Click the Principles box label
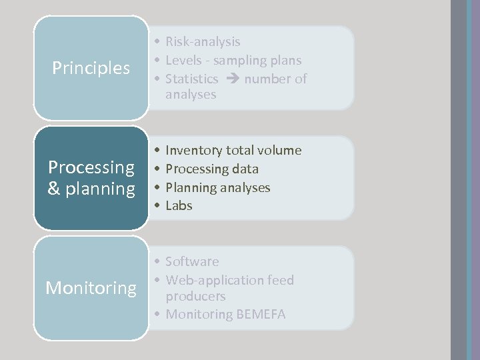click(x=91, y=68)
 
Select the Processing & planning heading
click(x=91, y=178)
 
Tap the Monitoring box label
click(x=91, y=288)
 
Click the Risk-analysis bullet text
click(x=203, y=42)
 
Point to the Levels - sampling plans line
click(x=233, y=60)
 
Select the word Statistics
click(x=191, y=79)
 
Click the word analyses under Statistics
click(x=191, y=95)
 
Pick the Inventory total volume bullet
click(x=233, y=151)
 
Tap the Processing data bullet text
click(x=212, y=169)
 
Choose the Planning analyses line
click(x=218, y=188)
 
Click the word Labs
click(x=179, y=206)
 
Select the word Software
click(x=192, y=261)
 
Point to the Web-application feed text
click(x=229, y=280)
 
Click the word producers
click(x=196, y=296)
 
